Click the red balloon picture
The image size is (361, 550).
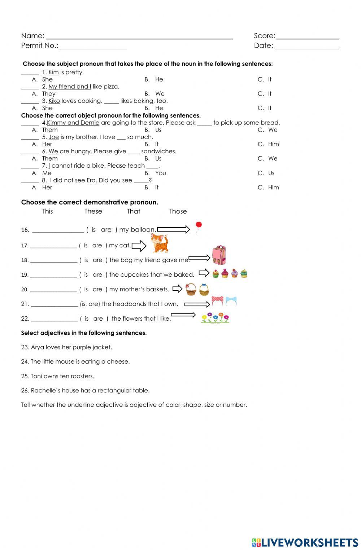click(x=198, y=226)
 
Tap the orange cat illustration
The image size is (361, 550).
click(x=159, y=243)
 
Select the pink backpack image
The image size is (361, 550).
click(x=219, y=255)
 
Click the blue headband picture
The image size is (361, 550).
click(x=231, y=301)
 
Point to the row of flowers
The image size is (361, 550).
click(x=215, y=318)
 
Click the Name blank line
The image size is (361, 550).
click(x=139, y=38)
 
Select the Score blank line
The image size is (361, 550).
click(x=307, y=38)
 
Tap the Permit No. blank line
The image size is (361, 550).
click(x=92, y=47)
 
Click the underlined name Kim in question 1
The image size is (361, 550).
click(x=53, y=72)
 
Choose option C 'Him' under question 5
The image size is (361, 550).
click(x=273, y=144)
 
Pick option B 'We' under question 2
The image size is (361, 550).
click(x=160, y=94)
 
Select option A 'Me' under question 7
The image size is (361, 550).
click(x=47, y=173)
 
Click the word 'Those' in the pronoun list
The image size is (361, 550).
click(x=178, y=211)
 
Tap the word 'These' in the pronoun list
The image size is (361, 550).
click(x=93, y=211)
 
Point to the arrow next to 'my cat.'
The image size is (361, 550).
click(x=139, y=246)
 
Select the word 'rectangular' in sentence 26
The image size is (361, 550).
click(x=113, y=391)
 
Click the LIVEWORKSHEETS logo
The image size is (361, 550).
click(x=305, y=543)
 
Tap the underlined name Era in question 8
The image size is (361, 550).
click(x=91, y=180)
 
